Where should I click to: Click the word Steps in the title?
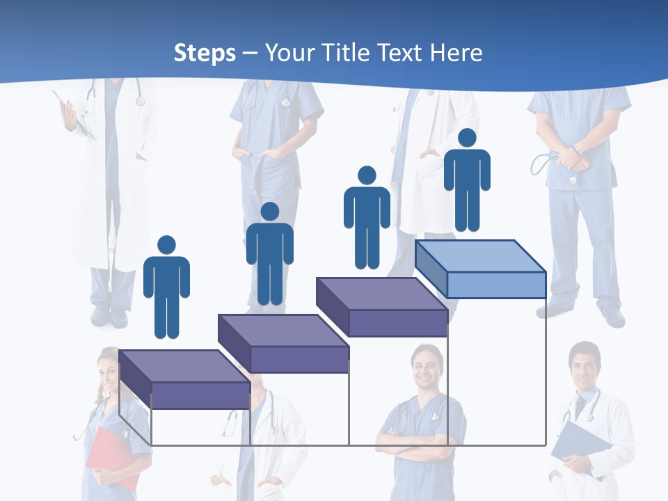click(x=205, y=53)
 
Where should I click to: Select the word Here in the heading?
click(x=456, y=53)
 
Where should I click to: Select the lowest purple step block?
click(x=184, y=380)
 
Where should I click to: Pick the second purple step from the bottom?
click(x=283, y=344)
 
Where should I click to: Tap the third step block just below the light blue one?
click(x=381, y=307)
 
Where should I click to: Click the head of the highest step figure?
click(x=467, y=138)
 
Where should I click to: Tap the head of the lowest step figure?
click(x=166, y=245)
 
